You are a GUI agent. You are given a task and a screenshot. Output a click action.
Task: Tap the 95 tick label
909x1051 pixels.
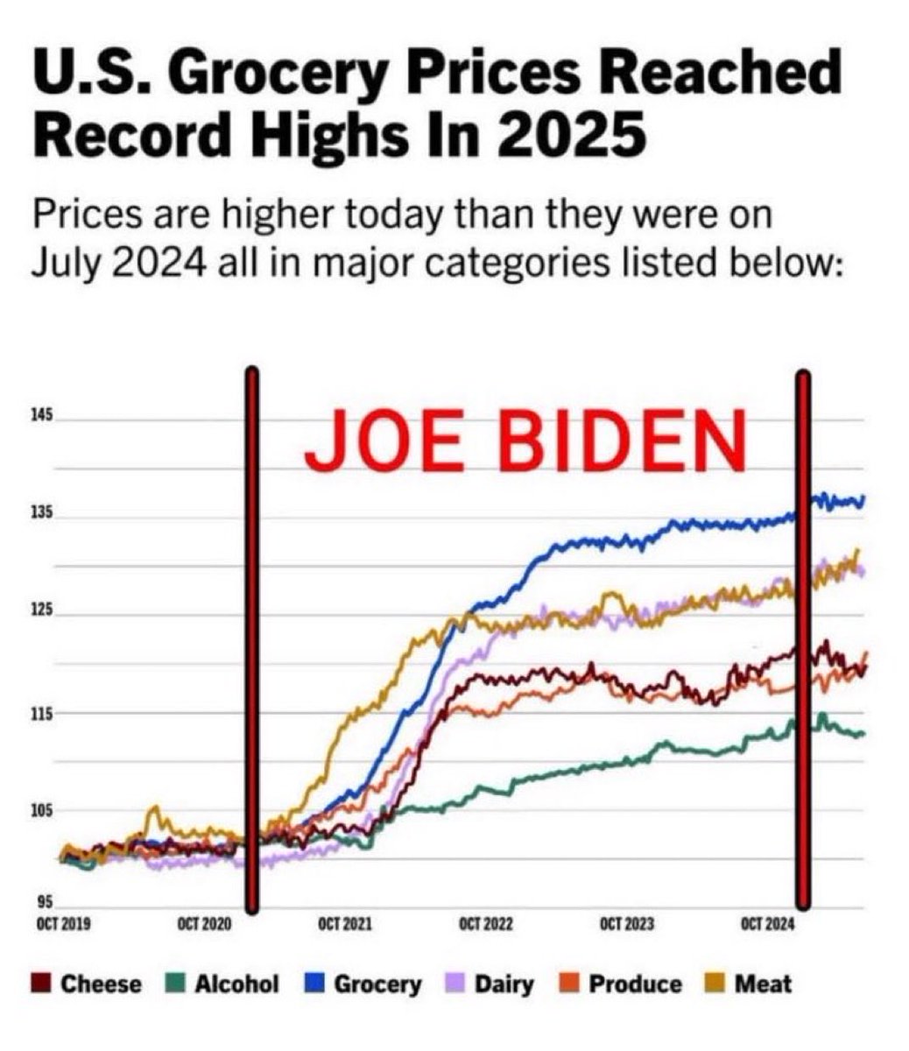point(44,903)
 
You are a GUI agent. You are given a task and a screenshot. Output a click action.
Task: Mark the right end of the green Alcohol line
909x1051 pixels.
point(863,734)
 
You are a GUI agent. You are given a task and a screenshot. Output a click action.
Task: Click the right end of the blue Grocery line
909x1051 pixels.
point(863,499)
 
